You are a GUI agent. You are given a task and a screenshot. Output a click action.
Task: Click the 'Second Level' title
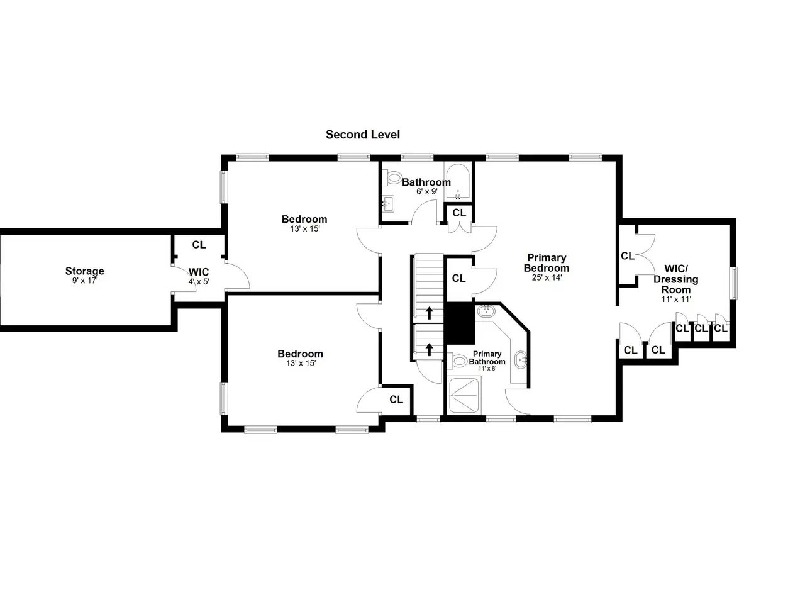[x=362, y=135]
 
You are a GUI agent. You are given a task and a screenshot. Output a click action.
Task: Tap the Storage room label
[x=85, y=271]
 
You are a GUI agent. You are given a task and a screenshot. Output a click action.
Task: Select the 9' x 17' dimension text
[x=85, y=281]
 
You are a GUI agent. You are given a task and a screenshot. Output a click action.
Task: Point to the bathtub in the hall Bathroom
[x=457, y=182]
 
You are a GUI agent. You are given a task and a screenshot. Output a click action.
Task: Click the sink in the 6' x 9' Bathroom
[x=388, y=203]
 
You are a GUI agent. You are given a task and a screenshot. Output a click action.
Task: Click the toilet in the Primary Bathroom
[x=457, y=361]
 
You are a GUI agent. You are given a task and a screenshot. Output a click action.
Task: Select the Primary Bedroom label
[x=547, y=262]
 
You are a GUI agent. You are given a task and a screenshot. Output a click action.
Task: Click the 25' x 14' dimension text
[x=547, y=277]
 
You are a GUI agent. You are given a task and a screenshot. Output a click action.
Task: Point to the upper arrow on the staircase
[x=429, y=313]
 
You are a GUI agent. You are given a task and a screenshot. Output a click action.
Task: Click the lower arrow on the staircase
[x=429, y=349]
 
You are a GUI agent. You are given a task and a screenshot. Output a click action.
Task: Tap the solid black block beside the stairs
[x=460, y=323]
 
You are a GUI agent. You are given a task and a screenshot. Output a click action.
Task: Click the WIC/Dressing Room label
[x=676, y=279]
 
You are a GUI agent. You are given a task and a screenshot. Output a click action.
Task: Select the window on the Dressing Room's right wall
[x=733, y=283]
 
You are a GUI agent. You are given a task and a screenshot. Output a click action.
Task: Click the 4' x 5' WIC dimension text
[x=199, y=282]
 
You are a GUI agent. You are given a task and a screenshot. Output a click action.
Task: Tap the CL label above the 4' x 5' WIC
[x=199, y=245]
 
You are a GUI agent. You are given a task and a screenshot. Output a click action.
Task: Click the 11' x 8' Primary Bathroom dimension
[x=487, y=368]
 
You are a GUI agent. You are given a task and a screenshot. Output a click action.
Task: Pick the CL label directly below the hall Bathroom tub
[x=459, y=213]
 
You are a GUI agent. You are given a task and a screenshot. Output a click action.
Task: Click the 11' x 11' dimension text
[x=676, y=299]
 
